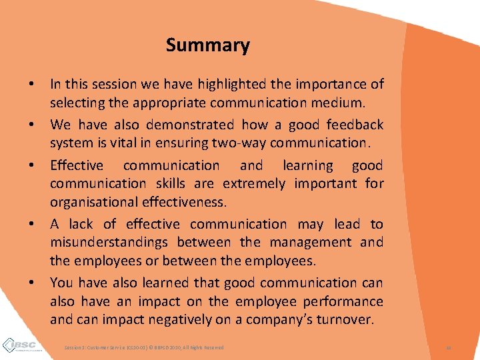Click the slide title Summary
pyautogui.click(x=207, y=45)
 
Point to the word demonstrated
pyautogui.click(x=177, y=125)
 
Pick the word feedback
pyautogui.click(x=355, y=125)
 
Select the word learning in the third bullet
pyautogui.click(x=307, y=165)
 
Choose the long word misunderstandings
pyautogui.click(x=108, y=243)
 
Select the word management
pyautogui.click(x=305, y=243)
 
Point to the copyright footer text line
pyautogui.click(x=143, y=347)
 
